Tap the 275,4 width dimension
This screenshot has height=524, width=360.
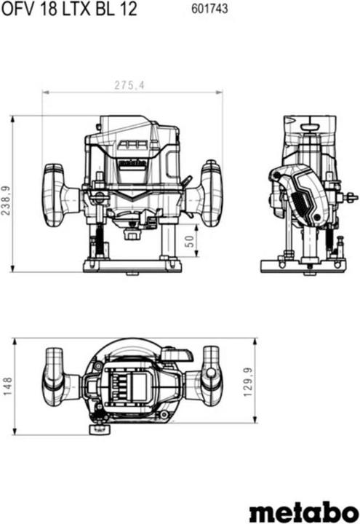tap(131, 86)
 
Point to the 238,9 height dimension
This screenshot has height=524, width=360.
tap(7, 194)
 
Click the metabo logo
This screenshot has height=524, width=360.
tap(301, 511)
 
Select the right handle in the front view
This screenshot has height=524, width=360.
tap(208, 194)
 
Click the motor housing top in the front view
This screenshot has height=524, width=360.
tap(131, 127)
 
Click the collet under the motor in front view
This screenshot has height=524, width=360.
tap(132, 234)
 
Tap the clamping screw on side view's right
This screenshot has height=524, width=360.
tap(352, 196)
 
